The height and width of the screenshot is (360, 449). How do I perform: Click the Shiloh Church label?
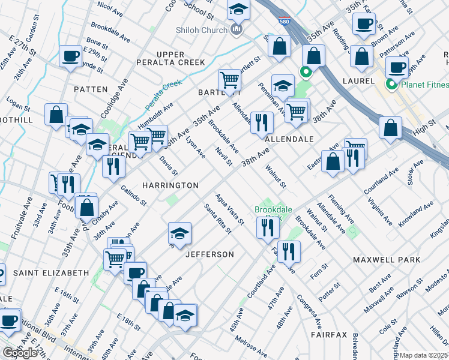point(201,31)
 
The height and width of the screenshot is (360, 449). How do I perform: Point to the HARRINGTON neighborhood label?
point(170,185)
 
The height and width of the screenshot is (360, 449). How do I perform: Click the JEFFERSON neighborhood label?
point(209,254)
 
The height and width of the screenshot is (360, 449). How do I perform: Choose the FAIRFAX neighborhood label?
point(329,334)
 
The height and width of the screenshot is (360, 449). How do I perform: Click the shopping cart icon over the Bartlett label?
point(229,79)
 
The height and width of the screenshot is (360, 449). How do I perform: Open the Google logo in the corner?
point(20,353)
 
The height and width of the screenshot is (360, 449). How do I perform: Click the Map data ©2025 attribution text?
point(424,355)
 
